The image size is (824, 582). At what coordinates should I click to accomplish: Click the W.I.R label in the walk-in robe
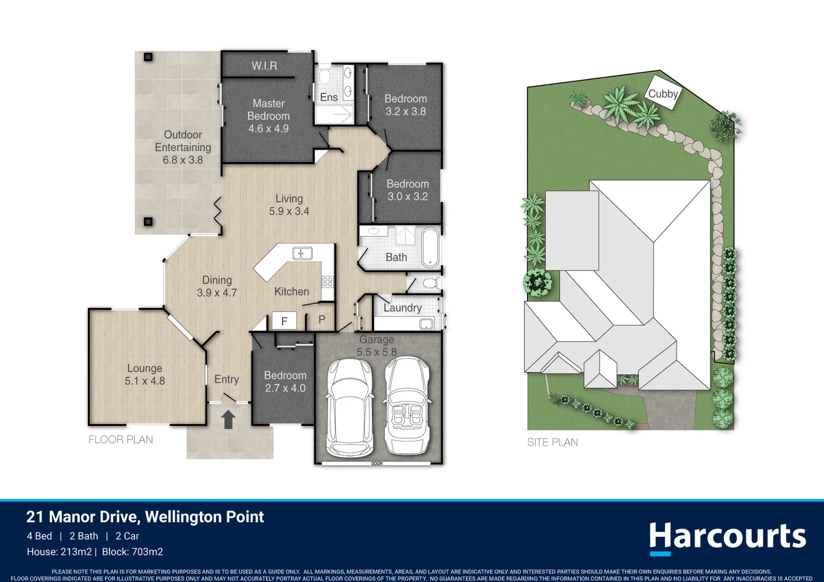point(264,66)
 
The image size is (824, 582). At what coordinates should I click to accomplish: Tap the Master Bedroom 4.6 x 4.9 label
point(269,116)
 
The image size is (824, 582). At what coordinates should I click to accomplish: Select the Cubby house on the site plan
point(663,93)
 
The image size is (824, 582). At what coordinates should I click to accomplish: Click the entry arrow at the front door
point(228,419)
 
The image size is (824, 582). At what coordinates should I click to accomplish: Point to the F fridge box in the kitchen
point(284,321)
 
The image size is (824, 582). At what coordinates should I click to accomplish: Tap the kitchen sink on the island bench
point(302,253)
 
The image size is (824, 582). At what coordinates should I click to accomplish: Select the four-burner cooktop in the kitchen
point(327,282)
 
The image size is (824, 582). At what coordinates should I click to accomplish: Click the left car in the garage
point(349,407)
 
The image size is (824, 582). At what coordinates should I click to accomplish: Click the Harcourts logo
point(727,537)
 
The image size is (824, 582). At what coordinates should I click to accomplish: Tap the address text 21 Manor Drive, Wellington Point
point(145,517)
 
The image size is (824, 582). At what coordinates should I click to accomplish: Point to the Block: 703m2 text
point(133,552)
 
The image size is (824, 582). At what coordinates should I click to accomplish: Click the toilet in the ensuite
point(325,75)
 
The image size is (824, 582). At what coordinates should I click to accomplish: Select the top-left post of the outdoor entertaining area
point(148,57)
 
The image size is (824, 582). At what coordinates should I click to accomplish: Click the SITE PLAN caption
point(552,442)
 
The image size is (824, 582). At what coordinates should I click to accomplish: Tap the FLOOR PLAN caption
point(121,440)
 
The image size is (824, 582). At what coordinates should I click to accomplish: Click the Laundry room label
point(402,308)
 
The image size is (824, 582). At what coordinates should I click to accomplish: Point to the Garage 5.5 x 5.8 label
point(376,346)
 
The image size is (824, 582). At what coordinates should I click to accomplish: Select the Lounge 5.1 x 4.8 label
point(145,375)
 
